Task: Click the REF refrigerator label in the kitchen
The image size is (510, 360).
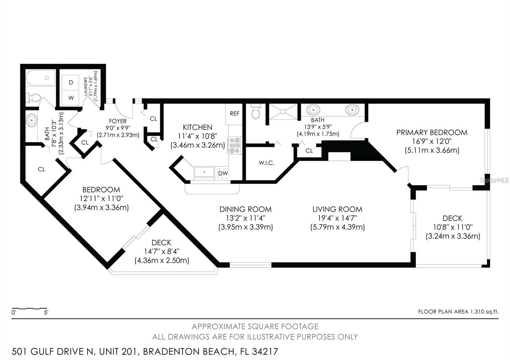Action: click(235, 114)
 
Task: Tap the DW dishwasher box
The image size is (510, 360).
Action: click(223, 173)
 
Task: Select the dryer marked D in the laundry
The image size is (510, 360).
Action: click(71, 83)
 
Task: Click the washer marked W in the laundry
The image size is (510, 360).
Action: click(71, 98)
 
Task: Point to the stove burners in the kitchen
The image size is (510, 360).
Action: click(235, 145)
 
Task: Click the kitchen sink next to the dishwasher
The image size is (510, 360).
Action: click(204, 173)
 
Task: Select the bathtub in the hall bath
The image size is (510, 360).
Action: click(41, 78)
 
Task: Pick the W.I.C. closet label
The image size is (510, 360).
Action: click(266, 163)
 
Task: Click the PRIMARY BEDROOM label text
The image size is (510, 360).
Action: click(432, 133)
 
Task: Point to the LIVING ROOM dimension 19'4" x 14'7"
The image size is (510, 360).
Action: click(337, 218)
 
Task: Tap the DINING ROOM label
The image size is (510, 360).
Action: click(245, 209)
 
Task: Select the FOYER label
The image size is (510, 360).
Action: click(118, 121)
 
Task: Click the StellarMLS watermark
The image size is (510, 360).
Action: click(494, 180)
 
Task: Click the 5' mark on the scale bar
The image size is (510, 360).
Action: click(46, 313)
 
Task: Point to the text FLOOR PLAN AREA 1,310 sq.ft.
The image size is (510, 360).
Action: click(458, 312)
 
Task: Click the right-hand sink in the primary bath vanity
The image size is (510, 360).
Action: click(352, 110)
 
